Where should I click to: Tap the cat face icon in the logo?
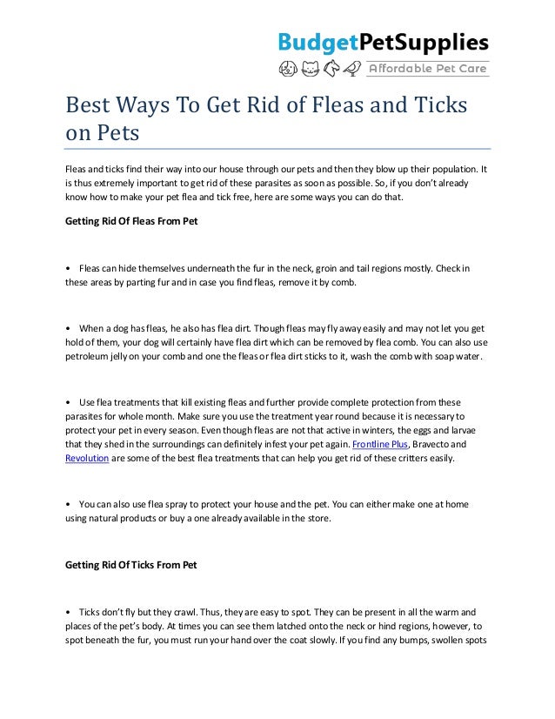(309, 69)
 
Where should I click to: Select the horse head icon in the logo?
(331, 69)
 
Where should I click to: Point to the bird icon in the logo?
(351, 69)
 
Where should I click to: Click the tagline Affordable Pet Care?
(429, 69)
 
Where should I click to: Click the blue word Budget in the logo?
(317, 42)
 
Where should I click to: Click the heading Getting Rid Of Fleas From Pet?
(131, 221)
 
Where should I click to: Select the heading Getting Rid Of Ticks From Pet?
(131, 564)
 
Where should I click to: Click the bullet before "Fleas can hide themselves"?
(69, 268)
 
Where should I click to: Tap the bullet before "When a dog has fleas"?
(69, 329)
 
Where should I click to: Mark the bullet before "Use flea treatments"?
(69, 403)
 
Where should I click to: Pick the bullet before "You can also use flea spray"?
(69, 504)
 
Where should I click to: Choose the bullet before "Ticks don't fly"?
(69, 611)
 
